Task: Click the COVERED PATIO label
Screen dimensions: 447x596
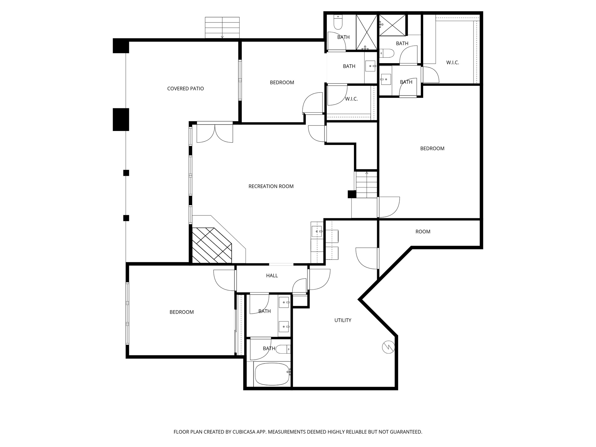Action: (x=185, y=88)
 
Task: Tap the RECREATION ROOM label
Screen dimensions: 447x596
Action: (x=271, y=186)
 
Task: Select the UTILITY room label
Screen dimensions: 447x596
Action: (x=343, y=320)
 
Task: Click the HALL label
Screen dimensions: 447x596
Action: (x=272, y=276)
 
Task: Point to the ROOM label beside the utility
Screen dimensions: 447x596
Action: (x=423, y=232)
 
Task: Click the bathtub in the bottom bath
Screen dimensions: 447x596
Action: (x=272, y=374)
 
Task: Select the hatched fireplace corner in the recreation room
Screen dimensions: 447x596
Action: (x=212, y=245)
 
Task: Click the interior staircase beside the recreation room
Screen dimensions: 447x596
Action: (x=366, y=185)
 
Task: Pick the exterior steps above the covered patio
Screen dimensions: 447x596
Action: (x=222, y=27)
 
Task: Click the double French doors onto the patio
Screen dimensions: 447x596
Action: (x=215, y=133)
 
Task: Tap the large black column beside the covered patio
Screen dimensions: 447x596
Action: (x=121, y=119)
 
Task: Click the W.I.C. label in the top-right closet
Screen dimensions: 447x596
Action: (x=453, y=63)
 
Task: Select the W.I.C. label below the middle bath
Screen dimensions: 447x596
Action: (x=351, y=99)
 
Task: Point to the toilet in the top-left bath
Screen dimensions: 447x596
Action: (x=338, y=22)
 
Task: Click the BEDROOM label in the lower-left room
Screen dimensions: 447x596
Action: (x=182, y=312)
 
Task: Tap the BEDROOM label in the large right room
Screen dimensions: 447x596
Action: (x=432, y=148)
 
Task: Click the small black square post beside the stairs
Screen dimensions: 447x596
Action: (x=352, y=194)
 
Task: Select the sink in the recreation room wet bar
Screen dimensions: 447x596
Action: (x=316, y=231)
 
